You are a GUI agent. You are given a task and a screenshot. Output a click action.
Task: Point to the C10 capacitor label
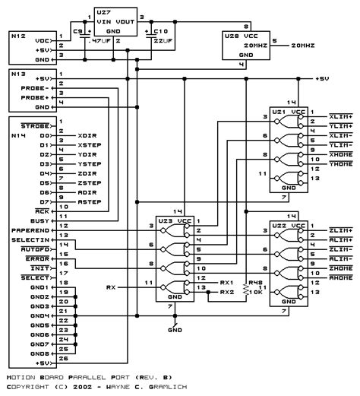(x=159, y=31)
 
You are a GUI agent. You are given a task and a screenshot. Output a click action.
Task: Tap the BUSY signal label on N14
(x=43, y=217)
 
